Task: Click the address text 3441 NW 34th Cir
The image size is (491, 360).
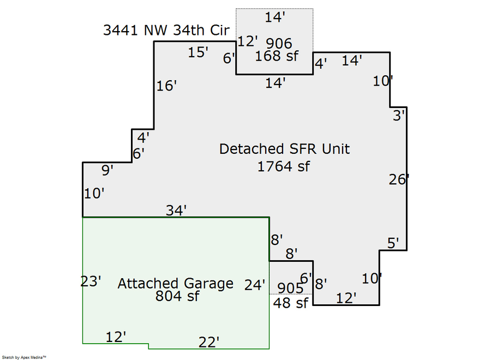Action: (x=166, y=30)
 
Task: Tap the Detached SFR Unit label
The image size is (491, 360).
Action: (x=284, y=149)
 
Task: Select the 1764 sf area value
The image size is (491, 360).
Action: (x=283, y=166)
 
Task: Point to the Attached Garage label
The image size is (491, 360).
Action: (x=175, y=284)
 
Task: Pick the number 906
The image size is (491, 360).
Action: (x=279, y=43)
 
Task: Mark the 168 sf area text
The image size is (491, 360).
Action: (x=276, y=56)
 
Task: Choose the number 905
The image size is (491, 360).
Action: (x=290, y=287)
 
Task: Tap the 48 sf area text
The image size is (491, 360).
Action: (x=291, y=303)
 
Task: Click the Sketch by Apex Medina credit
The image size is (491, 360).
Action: (x=23, y=357)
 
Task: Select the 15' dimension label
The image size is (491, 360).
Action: (x=199, y=53)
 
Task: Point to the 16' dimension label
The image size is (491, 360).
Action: (x=167, y=86)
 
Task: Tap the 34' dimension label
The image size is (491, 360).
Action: (x=177, y=210)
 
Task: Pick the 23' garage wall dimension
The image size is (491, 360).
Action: (x=92, y=281)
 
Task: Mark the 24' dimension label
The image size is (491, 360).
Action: (x=255, y=285)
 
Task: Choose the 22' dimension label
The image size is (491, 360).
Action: (x=209, y=342)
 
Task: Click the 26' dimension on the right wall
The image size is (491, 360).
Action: (x=399, y=179)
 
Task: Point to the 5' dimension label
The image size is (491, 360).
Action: (x=394, y=243)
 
